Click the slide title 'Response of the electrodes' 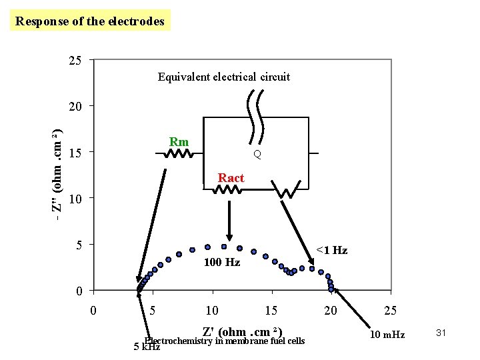90,21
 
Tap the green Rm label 179,142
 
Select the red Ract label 231,178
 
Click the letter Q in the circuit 257,155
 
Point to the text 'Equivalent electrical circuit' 223,77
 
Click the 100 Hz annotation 223,263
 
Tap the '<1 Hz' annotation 331,250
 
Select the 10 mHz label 387,334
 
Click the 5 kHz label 147,347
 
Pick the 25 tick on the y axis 75,61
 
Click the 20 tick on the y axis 75,107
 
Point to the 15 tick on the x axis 271,310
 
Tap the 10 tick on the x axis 211,310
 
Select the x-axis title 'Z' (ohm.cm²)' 243,331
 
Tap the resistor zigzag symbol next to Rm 178,155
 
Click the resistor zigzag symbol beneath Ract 227,190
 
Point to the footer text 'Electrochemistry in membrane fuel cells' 224,341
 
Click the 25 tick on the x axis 390,310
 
